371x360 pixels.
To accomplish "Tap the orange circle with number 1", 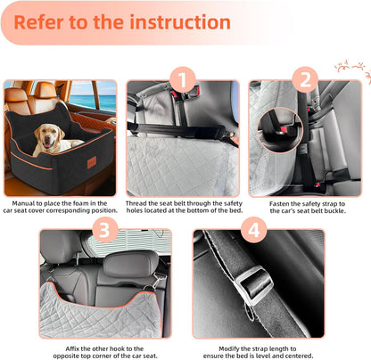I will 185,82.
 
